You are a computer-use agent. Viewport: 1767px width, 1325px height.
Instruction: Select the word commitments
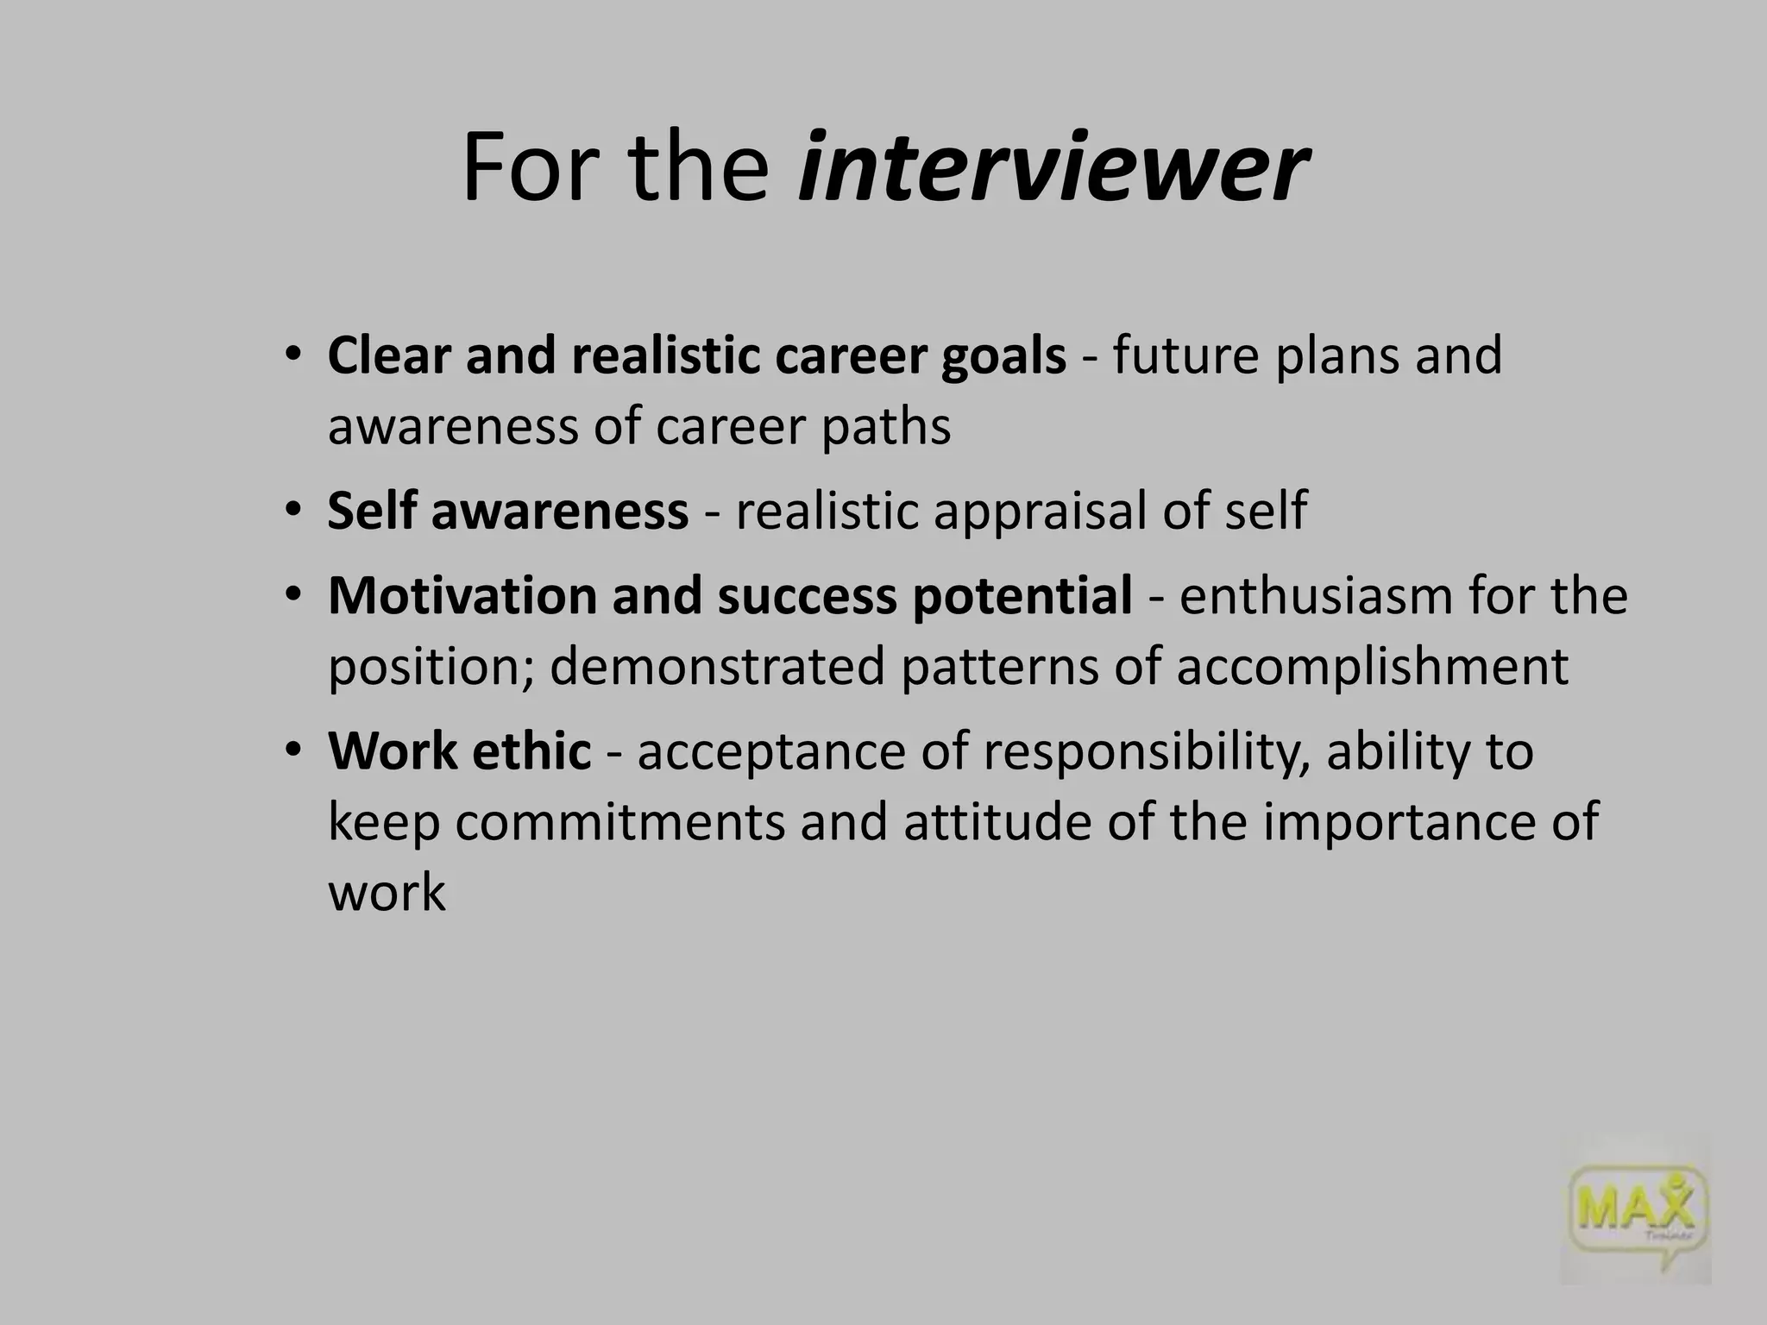pos(620,822)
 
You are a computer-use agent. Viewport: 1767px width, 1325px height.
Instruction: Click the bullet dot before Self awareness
pos(293,511)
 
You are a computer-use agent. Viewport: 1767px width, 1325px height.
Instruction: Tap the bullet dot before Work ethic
pos(293,750)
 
